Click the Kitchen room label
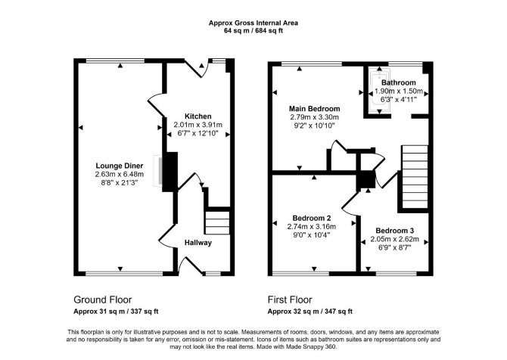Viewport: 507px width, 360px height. tap(198, 116)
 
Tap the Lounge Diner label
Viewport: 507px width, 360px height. tap(120, 166)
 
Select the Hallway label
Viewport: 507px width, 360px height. tap(198, 242)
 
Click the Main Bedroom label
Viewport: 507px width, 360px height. tap(314, 109)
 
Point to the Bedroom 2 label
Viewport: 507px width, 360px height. tap(311, 218)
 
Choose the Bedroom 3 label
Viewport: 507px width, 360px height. tap(394, 231)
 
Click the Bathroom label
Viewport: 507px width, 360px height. tap(398, 82)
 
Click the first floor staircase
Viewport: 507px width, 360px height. tap(415, 177)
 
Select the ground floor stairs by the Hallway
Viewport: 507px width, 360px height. tap(217, 222)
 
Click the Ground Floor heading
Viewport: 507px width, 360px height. tap(102, 299)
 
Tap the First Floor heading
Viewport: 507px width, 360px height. tap(290, 299)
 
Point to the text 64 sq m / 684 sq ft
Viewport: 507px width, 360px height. tap(253, 31)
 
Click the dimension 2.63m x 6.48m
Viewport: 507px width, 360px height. tap(120, 175)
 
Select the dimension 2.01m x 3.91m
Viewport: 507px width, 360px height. tap(198, 125)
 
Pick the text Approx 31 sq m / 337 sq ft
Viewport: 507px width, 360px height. tap(116, 312)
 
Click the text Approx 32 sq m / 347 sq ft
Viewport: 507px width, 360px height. tap(309, 312)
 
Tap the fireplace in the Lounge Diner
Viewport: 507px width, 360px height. tap(158, 171)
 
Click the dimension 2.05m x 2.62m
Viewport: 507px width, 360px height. tap(394, 240)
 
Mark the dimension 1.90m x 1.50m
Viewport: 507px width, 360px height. tap(398, 91)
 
